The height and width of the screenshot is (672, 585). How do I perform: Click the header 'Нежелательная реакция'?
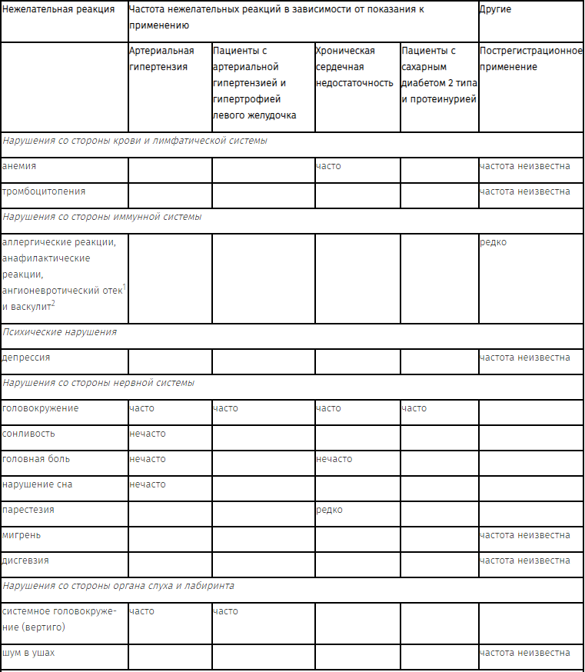tap(59, 10)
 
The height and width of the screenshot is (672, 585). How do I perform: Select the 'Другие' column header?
tap(495, 10)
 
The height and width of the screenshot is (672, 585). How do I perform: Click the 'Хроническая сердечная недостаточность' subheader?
tap(354, 67)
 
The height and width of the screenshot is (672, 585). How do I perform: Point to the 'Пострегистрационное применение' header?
tap(530, 58)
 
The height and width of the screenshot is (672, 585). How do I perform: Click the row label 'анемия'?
tap(19, 166)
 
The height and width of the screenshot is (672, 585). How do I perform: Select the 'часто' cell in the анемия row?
tap(328, 166)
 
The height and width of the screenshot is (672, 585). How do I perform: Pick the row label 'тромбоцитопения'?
tap(44, 191)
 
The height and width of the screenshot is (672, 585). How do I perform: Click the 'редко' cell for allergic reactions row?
tap(493, 242)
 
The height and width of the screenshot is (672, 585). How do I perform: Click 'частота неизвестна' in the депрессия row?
tap(524, 358)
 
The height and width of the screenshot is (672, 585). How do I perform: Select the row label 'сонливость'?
tap(29, 434)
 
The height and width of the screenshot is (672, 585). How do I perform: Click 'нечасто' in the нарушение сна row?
tap(148, 484)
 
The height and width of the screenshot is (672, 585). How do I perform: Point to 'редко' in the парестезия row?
tap(329, 510)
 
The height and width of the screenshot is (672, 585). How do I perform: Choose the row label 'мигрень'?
tap(22, 535)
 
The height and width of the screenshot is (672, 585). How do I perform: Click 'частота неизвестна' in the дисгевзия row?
tap(524, 561)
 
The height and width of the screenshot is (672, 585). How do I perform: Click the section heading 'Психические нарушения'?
tap(60, 332)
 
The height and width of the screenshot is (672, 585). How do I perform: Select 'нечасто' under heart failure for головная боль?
tap(334, 459)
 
